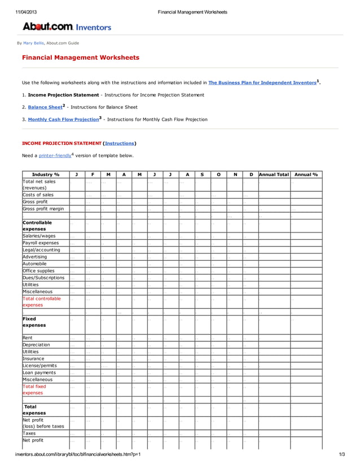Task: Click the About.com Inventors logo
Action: (x=67, y=27)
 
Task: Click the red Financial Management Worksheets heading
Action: (x=80, y=58)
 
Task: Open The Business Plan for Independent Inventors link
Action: (x=262, y=82)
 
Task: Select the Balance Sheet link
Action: (x=45, y=107)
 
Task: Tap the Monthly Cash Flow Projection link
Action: (x=63, y=120)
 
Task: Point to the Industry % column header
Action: (x=46, y=174)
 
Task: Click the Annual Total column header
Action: (x=274, y=174)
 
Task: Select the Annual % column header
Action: (x=306, y=174)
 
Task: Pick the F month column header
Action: (x=93, y=174)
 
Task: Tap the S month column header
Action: (x=203, y=174)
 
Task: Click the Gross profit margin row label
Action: (x=43, y=209)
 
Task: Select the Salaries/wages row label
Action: (x=39, y=236)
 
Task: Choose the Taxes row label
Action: (x=29, y=433)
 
